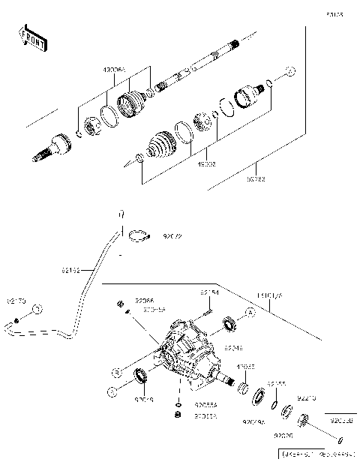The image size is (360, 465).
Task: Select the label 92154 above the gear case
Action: pyautogui.click(x=208, y=292)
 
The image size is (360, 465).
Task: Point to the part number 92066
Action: pyautogui.click(x=144, y=299)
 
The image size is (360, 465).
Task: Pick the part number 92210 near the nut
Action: pyautogui.click(x=307, y=398)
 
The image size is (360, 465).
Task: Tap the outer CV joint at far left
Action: pyautogui.click(x=52, y=145)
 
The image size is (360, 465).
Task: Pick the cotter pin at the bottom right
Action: pyautogui.click(x=340, y=439)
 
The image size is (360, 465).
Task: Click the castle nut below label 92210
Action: pyautogui.click(x=304, y=419)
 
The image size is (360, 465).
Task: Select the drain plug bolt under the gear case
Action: pyautogui.click(x=178, y=414)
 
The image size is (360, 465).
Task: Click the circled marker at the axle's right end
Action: pyautogui.click(x=290, y=72)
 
